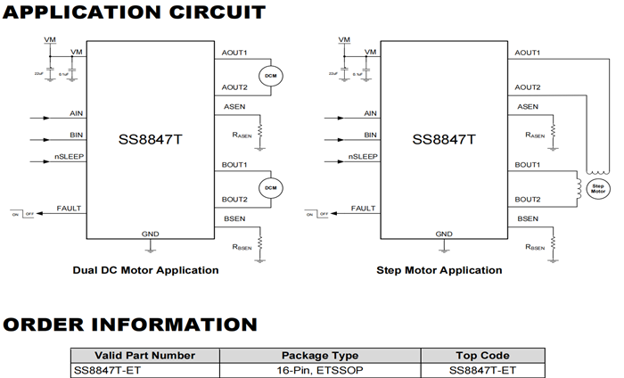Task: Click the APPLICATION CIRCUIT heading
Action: tap(134, 12)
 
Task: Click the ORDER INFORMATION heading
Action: tap(129, 325)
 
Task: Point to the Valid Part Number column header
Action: tap(144, 354)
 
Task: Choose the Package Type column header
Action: tap(319, 354)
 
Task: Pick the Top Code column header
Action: tap(481, 354)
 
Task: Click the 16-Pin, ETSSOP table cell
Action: tap(319, 370)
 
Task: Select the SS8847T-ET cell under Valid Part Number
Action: tap(108, 370)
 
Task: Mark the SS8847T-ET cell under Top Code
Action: tap(481, 370)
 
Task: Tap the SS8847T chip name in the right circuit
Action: tap(444, 139)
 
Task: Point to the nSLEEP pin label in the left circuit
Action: tap(65, 157)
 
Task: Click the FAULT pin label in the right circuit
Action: tap(363, 208)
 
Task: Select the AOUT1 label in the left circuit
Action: tap(234, 53)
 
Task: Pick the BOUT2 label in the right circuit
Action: tap(529, 199)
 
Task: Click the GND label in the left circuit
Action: tap(151, 234)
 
